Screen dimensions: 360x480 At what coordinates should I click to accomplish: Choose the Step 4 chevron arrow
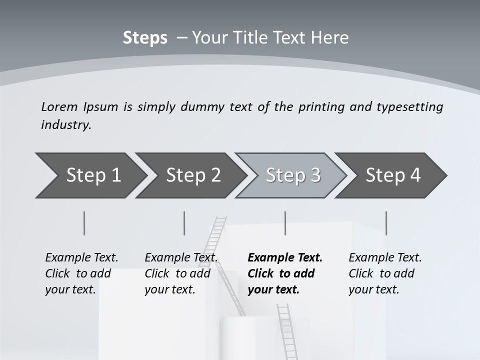pyautogui.click(x=392, y=175)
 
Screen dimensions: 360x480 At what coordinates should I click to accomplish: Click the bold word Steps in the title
pyautogui.click(x=145, y=38)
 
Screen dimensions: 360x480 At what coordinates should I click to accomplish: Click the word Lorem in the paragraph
pyautogui.click(x=59, y=106)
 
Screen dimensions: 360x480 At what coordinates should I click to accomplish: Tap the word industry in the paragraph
pyautogui.click(x=65, y=125)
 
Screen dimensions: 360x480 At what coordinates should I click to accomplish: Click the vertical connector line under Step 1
pyautogui.click(x=84, y=223)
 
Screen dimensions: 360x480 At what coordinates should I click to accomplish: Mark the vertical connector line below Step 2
pyautogui.click(x=184, y=223)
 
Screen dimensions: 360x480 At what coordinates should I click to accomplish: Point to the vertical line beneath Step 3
pyautogui.click(x=285, y=223)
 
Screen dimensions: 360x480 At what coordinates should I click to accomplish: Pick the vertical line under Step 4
pyautogui.click(x=386, y=223)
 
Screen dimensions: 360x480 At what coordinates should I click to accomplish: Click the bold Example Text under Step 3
pyautogui.click(x=285, y=258)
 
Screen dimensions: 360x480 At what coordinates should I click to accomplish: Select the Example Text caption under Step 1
pyautogui.click(x=81, y=258)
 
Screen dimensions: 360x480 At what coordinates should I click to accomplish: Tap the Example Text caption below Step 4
pyautogui.click(x=385, y=258)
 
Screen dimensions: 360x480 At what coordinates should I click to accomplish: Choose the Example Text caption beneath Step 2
pyautogui.click(x=181, y=258)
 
